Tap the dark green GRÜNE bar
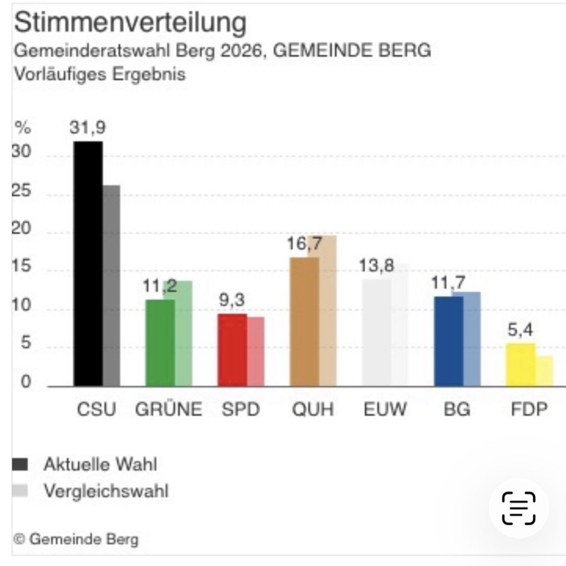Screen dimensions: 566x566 [x=160, y=343]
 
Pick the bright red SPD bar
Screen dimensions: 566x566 [x=232, y=350]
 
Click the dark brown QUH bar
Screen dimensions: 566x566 [x=305, y=322]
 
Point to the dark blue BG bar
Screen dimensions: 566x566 [x=448, y=341]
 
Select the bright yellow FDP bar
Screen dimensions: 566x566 [x=521, y=364]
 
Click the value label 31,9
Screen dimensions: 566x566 [x=87, y=128]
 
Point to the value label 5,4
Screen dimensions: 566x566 [x=521, y=331]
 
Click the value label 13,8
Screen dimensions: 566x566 [x=376, y=266]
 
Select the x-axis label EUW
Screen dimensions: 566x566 [x=385, y=410]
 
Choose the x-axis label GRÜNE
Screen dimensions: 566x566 [x=169, y=410]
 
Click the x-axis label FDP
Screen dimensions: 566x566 [x=529, y=410]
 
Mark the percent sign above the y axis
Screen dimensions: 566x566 [x=22, y=128]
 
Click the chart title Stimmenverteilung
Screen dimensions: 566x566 [x=129, y=23]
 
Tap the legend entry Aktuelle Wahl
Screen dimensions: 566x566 [x=99, y=464]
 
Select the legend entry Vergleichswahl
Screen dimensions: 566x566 [x=106, y=490]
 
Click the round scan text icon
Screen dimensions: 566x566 [x=518, y=507]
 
